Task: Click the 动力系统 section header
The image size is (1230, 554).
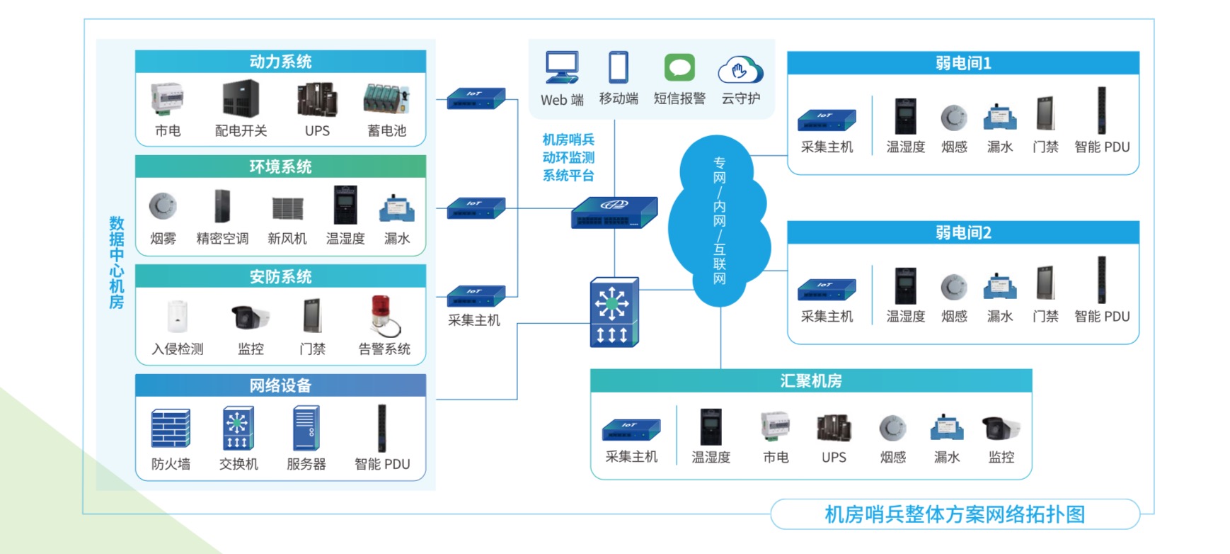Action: coord(280,62)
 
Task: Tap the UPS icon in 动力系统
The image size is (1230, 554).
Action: coord(316,100)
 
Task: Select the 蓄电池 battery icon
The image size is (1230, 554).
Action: coord(386,99)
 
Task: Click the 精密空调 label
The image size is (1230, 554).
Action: coord(222,239)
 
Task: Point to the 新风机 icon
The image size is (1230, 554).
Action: coord(287,208)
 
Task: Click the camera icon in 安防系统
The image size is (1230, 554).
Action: coord(250,316)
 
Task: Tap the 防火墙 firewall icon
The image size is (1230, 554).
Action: coord(171,428)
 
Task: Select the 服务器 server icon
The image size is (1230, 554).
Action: coord(306,428)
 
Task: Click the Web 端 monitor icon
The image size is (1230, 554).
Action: coord(562,68)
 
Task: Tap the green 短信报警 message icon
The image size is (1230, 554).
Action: coord(679,68)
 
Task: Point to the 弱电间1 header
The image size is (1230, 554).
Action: coord(962,63)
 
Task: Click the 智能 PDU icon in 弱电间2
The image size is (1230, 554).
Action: coord(1101,280)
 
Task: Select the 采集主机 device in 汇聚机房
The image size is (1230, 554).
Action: coord(631,429)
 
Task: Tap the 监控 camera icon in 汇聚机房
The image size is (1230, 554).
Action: coord(1001,428)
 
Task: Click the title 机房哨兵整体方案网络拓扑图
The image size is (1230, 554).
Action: coord(955,514)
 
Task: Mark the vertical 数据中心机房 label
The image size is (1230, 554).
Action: coord(117,263)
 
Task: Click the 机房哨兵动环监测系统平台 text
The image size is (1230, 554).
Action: coord(568,157)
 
